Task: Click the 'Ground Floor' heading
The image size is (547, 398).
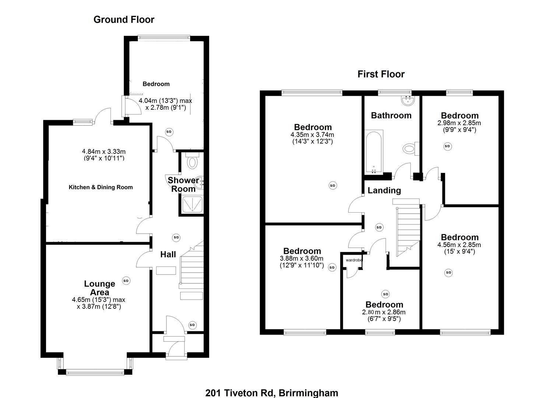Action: (124, 20)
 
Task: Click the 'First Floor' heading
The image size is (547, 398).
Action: (381, 74)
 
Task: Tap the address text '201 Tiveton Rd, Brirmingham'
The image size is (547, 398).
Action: (271, 393)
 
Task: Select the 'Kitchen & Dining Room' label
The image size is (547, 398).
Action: (101, 187)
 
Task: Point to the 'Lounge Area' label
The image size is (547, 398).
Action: (99, 288)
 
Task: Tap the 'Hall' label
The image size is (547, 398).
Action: (168, 254)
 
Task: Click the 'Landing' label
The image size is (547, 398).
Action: (384, 191)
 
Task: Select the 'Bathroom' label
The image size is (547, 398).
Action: (391, 115)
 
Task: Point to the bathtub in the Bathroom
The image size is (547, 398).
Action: (374, 152)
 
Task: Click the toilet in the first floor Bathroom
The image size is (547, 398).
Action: (410, 149)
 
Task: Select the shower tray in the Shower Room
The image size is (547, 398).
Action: (192, 204)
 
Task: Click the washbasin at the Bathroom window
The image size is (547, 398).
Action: (408, 99)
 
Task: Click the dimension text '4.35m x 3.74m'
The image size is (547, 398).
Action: (312, 135)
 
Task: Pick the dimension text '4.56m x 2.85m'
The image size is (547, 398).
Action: (459, 245)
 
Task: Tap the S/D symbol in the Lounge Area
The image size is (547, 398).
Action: (126, 281)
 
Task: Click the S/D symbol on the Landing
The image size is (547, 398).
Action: (379, 227)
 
